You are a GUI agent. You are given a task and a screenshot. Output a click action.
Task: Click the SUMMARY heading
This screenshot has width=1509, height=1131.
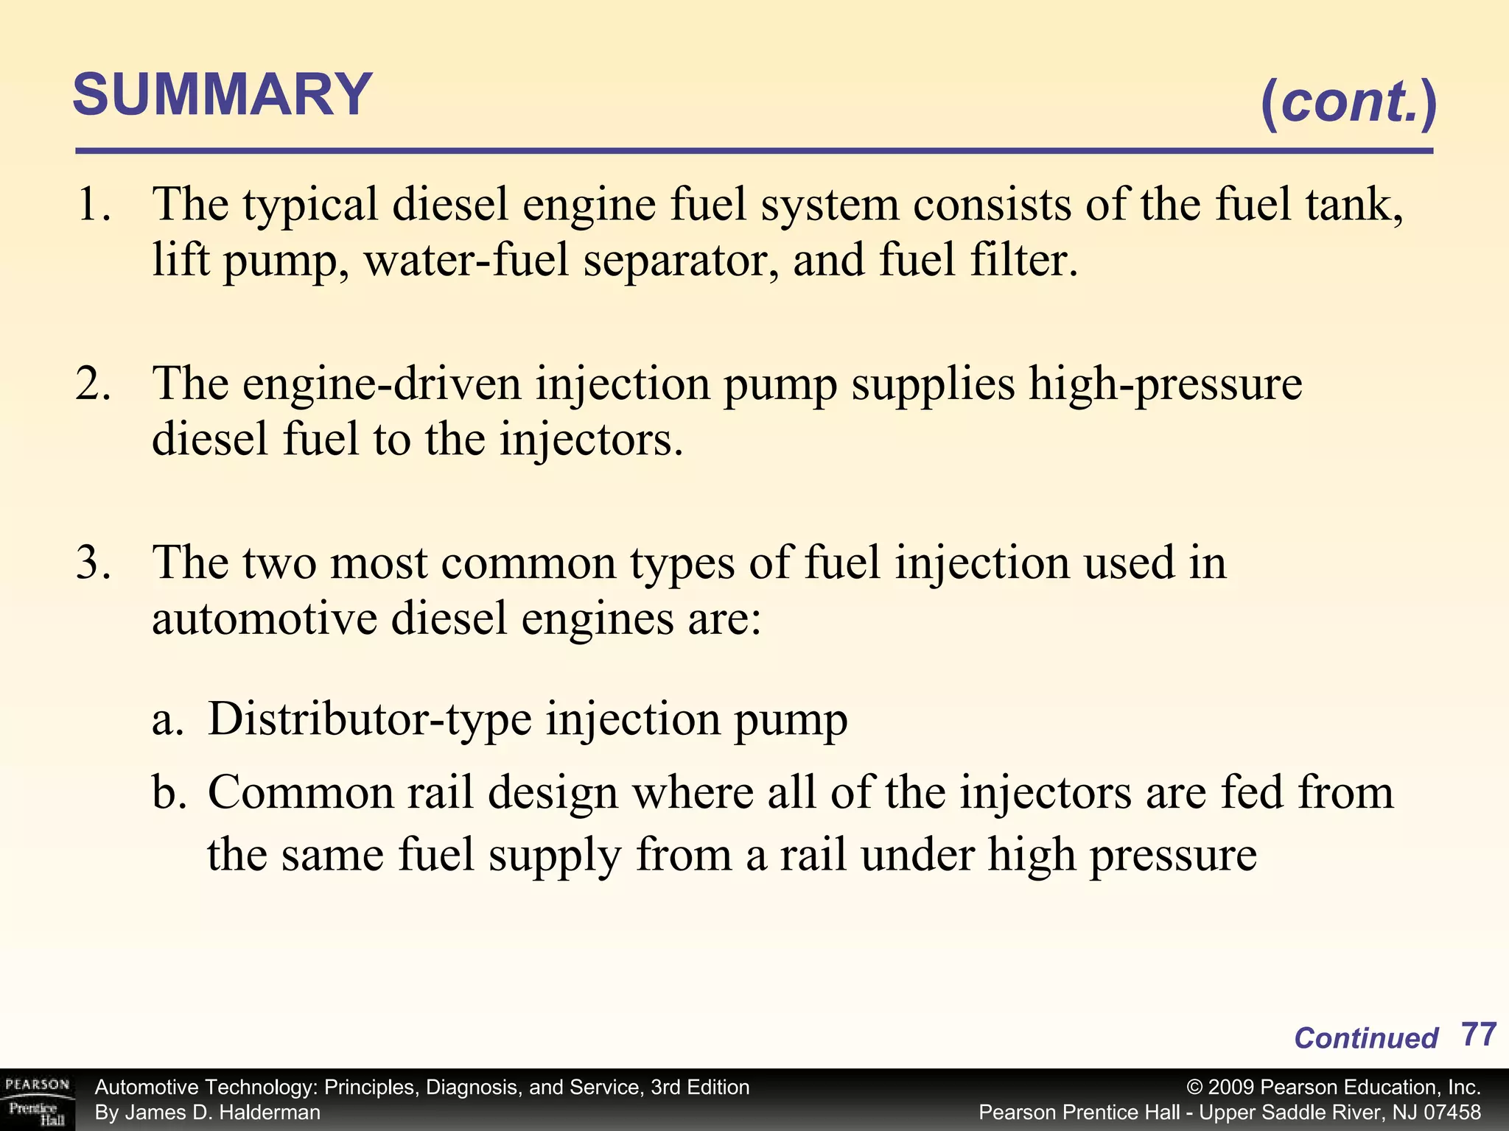pyautogui.click(x=222, y=95)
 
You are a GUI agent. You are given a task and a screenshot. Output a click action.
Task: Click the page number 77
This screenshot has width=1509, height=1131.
pyautogui.click(x=1478, y=1035)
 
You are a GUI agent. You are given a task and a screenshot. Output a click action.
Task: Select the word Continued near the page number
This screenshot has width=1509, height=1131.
pyautogui.click(x=1365, y=1038)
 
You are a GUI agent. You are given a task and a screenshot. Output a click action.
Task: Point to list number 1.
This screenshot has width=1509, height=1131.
pyautogui.click(x=94, y=204)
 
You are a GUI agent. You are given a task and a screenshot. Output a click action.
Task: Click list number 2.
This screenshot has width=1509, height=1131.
pyautogui.click(x=94, y=384)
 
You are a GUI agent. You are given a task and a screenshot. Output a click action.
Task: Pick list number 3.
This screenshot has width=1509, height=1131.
pyautogui.click(x=94, y=563)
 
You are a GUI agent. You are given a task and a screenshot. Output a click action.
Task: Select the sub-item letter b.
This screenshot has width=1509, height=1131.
pyautogui.click(x=168, y=794)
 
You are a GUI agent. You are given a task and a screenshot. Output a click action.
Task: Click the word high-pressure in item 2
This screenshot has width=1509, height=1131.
pyautogui.click(x=1165, y=385)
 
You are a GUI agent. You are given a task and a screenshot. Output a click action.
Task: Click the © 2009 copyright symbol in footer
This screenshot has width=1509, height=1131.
pyautogui.click(x=1195, y=1088)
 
